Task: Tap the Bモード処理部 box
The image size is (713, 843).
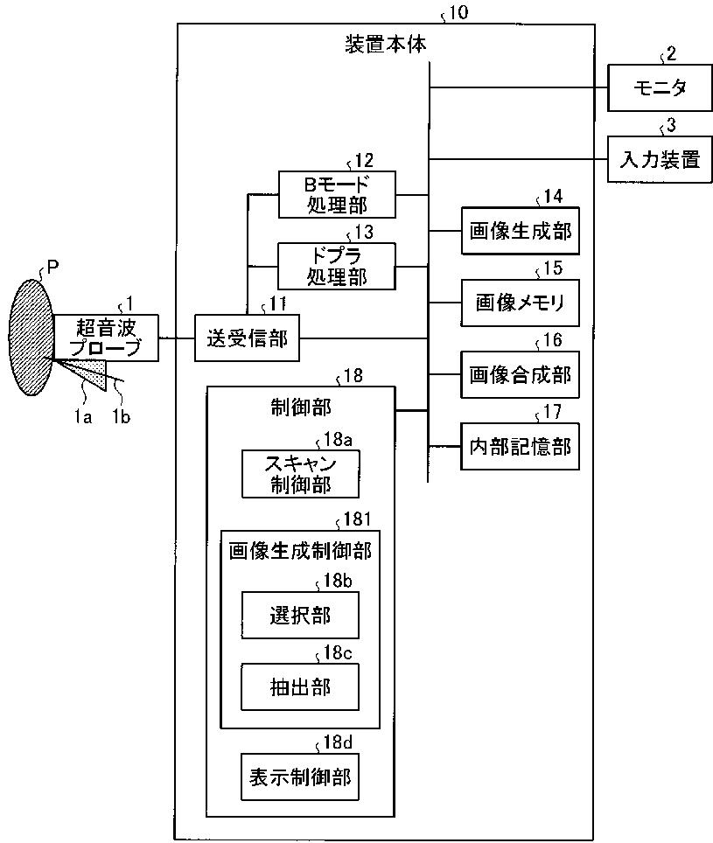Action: click(336, 194)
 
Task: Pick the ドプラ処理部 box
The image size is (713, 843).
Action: click(336, 265)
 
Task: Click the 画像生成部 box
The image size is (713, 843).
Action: click(520, 231)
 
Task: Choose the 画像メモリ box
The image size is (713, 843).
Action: click(520, 303)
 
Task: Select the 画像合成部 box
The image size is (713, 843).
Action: click(520, 374)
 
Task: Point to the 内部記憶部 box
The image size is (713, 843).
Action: click(520, 446)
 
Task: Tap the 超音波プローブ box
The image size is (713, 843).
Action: click(108, 338)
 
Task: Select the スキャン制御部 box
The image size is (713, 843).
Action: click(300, 474)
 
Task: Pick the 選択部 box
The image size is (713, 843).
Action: click(300, 615)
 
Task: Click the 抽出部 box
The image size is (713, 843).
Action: click(300, 686)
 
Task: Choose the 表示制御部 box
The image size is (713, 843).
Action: click(300, 776)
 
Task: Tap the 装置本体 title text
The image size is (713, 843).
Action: click(386, 44)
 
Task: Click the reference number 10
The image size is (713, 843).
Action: click(458, 14)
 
